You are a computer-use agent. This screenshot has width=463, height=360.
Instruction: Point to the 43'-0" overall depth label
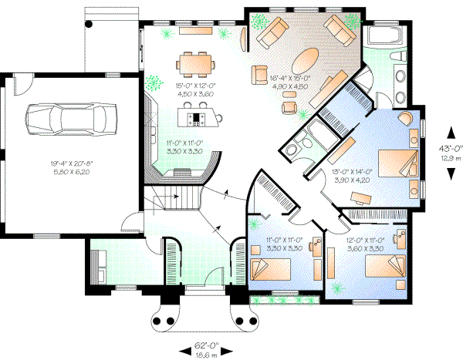446,147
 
